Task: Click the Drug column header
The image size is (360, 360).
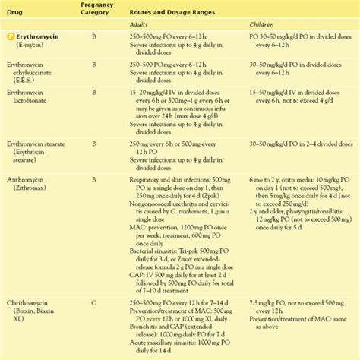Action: click(x=16, y=14)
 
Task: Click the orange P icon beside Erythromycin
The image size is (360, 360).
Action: click(x=8, y=36)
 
